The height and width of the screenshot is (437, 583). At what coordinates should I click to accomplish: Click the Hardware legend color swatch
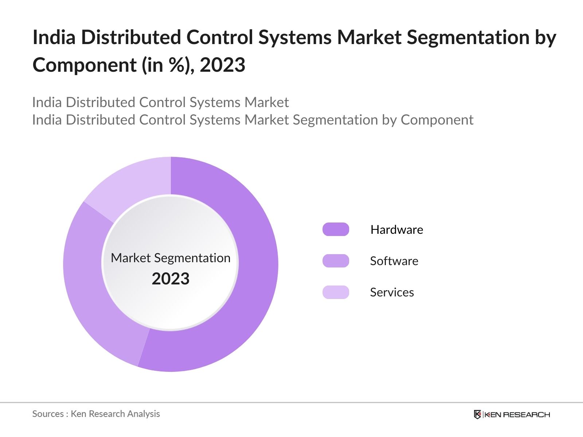[x=336, y=229]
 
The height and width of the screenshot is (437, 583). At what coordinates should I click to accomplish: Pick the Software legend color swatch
[x=336, y=261]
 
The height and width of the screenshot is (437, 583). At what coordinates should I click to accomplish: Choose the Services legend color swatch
[x=336, y=292]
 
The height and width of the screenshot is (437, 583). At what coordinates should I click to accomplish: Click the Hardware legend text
[x=396, y=229]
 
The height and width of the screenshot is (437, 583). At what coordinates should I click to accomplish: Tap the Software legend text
[x=394, y=261]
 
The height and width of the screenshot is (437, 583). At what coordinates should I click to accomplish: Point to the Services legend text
[x=392, y=292]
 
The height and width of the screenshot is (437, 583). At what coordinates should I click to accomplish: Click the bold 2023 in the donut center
[x=171, y=279]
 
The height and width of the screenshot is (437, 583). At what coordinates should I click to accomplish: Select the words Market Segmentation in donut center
[x=171, y=258]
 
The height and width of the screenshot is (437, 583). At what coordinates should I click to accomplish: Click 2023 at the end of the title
[x=222, y=65]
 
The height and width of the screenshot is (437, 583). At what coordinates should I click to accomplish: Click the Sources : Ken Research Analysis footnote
[x=96, y=414]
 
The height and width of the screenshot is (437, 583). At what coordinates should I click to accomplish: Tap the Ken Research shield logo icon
[x=477, y=414]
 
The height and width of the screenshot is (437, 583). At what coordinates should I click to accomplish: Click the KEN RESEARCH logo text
[x=517, y=414]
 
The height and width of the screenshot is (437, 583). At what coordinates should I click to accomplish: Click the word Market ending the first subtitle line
[x=267, y=102]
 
